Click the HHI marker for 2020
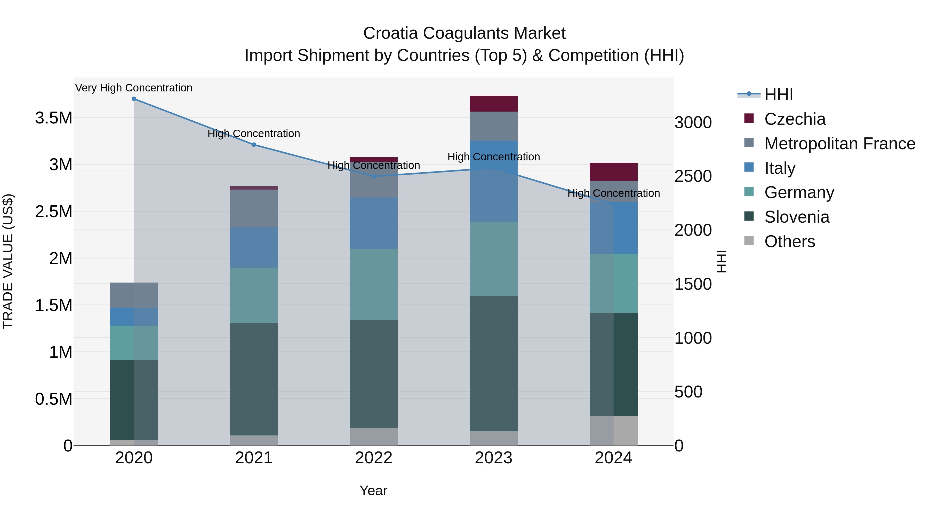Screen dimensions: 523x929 click(x=134, y=99)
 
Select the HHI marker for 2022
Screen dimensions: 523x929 click(x=374, y=176)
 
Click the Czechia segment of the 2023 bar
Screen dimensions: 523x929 click(x=493, y=104)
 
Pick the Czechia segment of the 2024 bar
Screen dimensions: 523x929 click(x=613, y=172)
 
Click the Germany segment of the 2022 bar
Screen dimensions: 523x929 click(x=374, y=284)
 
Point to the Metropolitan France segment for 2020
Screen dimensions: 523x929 click(x=134, y=295)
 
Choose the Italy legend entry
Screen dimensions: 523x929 click(x=780, y=168)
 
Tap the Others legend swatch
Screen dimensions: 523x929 click(x=749, y=241)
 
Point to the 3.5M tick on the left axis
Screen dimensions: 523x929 click(x=53, y=118)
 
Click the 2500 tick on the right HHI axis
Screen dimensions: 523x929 click(x=693, y=176)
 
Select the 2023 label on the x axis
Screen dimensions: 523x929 click(x=493, y=458)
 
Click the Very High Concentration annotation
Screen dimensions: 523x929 click(x=134, y=88)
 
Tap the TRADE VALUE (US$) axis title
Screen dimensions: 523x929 click(x=8, y=262)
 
